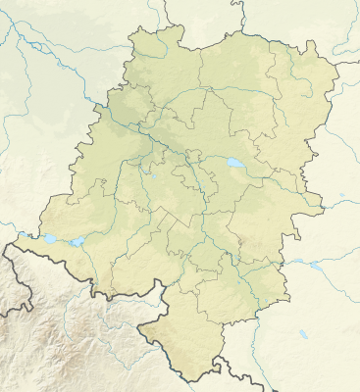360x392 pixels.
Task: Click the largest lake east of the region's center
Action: coord(235,163)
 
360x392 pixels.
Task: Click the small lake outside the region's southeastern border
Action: coord(315,265)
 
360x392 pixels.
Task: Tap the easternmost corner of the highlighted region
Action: coord(338,64)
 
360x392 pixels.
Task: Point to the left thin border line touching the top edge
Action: coord(166,3)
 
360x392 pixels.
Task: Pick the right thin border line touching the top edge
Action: coord(237,3)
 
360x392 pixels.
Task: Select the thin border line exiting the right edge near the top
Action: coord(355,63)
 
